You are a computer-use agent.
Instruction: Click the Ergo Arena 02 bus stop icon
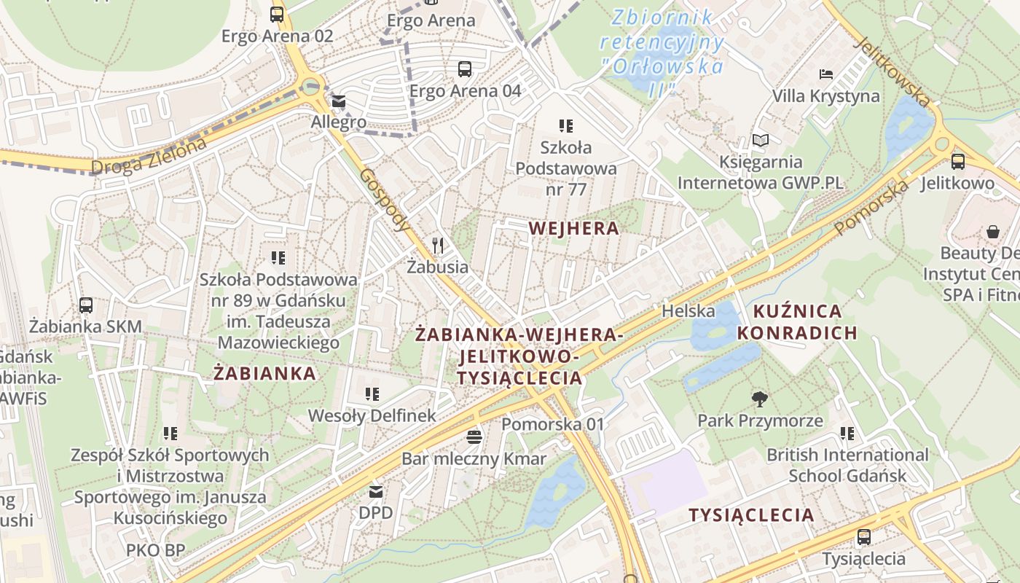[277, 14]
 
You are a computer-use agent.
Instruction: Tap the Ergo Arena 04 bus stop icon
[465, 69]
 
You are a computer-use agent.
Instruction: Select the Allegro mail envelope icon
[339, 101]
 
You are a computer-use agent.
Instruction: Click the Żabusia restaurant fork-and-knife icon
[438, 245]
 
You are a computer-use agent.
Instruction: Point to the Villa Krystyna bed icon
[825, 74]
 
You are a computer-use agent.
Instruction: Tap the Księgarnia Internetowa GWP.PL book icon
[761, 140]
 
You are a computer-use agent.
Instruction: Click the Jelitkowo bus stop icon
[957, 162]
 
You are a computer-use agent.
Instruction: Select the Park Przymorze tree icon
[760, 399]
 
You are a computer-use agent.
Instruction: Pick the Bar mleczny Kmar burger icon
[474, 437]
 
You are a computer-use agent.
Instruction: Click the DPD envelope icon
[376, 491]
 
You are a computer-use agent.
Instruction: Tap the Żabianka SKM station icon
[86, 305]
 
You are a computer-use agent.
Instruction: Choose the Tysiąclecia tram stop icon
[864, 537]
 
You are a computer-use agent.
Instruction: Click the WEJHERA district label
[574, 228]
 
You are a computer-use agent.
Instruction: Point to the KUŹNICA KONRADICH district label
[797, 322]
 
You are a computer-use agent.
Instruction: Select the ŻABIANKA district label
[265, 373]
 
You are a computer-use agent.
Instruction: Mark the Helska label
[688, 311]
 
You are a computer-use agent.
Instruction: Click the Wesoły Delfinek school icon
[372, 394]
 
